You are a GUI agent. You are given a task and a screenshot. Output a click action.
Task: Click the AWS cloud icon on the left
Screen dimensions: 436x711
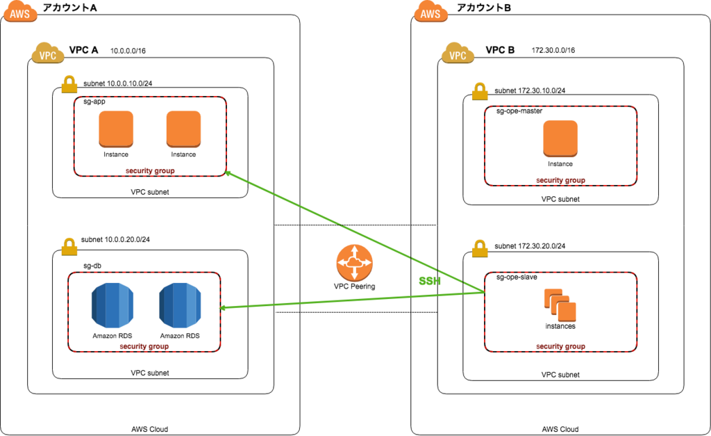pyautogui.click(x=20, y=12)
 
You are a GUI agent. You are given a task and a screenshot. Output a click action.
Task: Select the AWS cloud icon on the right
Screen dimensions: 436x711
pyautogui.click(x=430, y=12)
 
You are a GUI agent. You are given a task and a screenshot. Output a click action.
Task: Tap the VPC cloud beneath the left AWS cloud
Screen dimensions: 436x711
pyautogui.click(x=48, y=54)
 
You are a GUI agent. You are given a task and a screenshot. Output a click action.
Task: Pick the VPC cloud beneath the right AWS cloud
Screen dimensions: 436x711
pyautogui.click(x=458, y=54)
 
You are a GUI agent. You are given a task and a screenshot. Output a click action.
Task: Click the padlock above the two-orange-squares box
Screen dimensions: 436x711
pyautogui.click(x=69, y=85)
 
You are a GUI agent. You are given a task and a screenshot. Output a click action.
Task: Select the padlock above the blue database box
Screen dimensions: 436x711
pyautogui.click(x=69, y=247)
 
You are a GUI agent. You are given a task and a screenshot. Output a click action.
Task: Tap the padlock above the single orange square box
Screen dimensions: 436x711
pyautogui.click(x=480, y=92)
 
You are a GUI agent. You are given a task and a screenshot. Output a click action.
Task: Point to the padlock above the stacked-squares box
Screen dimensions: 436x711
pyautogui.click(x=480, y=249)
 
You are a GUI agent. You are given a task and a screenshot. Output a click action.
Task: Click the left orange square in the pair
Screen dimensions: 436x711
pyautogui.click(x=116, y=129)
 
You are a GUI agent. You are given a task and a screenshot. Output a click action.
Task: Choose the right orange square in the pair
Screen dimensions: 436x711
pyautogui.click(x=183, y=129)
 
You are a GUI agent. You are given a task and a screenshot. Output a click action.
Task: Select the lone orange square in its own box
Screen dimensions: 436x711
pyautogui.click(x=560, y=138)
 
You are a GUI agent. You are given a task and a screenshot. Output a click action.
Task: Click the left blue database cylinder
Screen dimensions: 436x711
pyautogui.click(x=112, y=305)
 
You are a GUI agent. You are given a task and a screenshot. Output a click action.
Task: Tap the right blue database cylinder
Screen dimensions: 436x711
pyautogui.click(x=180, y=305)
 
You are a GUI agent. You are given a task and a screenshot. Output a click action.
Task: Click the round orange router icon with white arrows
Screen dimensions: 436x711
pyautogui.click(x=354, y=263)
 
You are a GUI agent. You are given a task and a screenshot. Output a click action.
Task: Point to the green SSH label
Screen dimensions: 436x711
pyautogui.click(x=430, y=281)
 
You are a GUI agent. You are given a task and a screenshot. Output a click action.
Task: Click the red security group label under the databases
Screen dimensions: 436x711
pyautogui.click(x=144, y=346)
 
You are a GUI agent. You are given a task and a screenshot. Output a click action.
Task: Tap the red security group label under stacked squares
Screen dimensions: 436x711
pyautogui.click(x=560, y=346)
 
